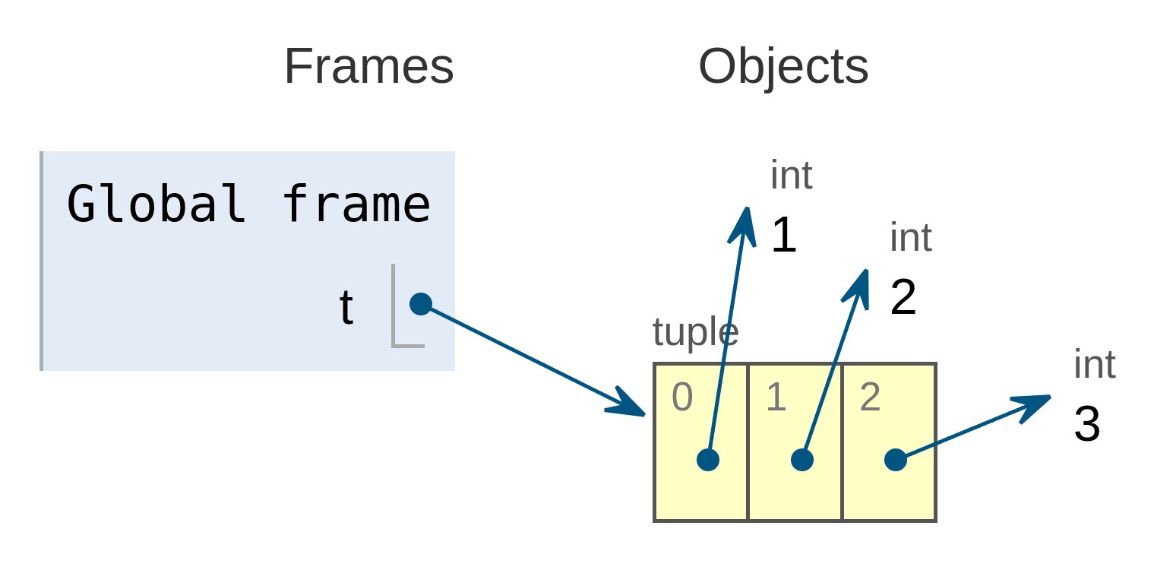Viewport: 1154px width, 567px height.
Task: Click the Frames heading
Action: (368, 67)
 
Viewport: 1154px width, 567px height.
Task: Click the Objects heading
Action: (783, 67)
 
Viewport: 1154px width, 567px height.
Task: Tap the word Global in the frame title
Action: (156, 204)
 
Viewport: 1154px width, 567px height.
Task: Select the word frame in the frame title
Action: (356, 204)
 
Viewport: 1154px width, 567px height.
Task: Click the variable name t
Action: (346, 307)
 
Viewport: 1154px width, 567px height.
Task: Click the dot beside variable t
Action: (421, 304)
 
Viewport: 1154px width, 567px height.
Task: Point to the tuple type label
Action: (695, 333)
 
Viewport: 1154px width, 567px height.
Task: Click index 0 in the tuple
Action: (682, 398)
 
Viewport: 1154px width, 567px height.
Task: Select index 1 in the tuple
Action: (776, 398)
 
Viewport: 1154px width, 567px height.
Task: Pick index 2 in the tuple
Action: (870, 398)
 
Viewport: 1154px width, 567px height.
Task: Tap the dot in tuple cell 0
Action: (708, 460)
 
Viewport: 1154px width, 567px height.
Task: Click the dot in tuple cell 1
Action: (802, 460)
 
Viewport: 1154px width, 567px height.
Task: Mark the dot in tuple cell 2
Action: (896, 460)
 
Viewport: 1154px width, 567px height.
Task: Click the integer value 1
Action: (783, 236)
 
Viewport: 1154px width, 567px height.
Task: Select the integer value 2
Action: (903, 298)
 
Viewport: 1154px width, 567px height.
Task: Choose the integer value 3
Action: (1087, 424)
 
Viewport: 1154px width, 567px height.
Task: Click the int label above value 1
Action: (791, 176)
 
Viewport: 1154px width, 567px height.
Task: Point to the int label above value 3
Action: (1094, 365)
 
